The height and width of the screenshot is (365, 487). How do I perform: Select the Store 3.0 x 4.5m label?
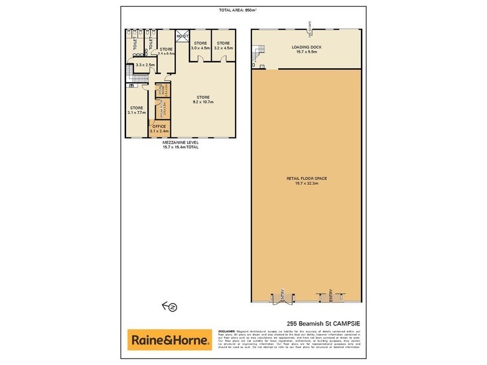click(x=201, y=46)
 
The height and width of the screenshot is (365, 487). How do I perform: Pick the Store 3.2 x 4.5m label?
click(x=223, y=46)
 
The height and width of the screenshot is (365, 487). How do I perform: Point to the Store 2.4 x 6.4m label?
click(x=166, y=51)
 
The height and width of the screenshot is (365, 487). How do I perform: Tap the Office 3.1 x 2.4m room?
click(x=159, y=128)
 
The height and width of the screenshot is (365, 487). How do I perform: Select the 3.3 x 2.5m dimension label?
click(x=145, y=64)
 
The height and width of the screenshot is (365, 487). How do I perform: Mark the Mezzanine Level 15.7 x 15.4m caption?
click(x=180, y=145)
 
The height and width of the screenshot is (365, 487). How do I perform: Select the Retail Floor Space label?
click(x=307, y=180)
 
